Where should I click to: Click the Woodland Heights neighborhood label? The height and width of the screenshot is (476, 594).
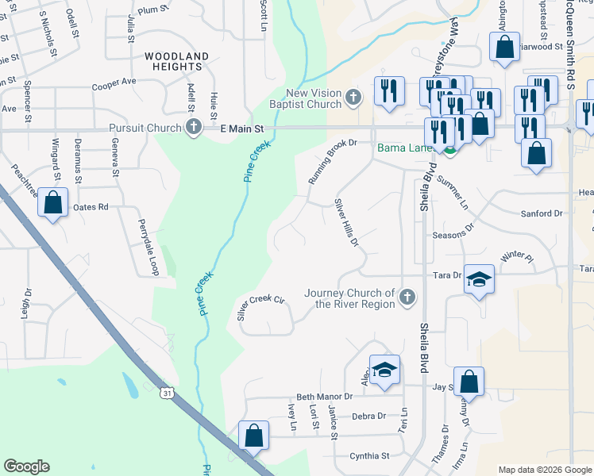tap(176, 62)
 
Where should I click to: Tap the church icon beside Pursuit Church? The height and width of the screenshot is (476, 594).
tap(193, 127)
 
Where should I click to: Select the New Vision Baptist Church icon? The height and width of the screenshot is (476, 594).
tap(354, 98)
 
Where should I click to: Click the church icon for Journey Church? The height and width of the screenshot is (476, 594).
tap(407, 297)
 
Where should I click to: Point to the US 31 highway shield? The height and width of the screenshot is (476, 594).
tap(165, 393)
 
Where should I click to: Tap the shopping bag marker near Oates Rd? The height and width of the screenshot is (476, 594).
tap(52, 202)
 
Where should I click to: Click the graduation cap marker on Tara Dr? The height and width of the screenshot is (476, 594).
tap(479, 279)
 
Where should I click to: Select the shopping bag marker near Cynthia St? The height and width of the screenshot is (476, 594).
tap(254, 436)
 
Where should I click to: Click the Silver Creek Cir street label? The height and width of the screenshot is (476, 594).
tap(260, 306)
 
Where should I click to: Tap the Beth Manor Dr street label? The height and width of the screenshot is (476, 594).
tap(324, 397)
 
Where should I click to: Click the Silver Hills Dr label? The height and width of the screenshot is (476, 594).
tap(346, 222)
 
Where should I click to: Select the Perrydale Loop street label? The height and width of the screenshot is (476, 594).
tap(148, 248)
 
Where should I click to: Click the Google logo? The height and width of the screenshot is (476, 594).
tap(27, 466)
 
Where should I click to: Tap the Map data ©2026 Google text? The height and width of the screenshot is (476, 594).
tap(544, 470)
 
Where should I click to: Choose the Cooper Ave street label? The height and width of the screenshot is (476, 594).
tap(114, 83)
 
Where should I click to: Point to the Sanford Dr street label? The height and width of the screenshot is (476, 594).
tap(542, 213)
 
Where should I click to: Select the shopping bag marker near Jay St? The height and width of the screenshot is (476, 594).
tap(469, 381)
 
